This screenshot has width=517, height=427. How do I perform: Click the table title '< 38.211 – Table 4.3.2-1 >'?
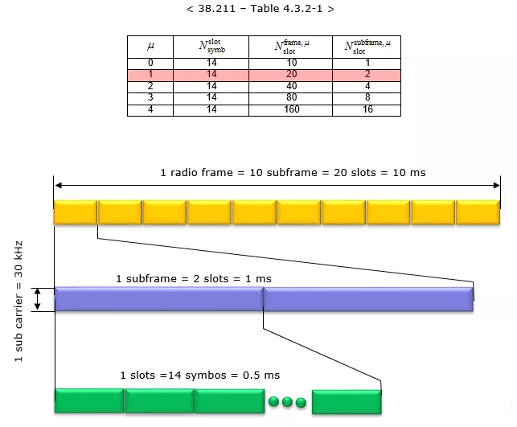[x=260, y=10]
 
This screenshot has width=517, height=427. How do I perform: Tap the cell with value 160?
[x=291, y=109]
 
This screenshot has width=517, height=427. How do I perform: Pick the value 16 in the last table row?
[x=367, y=109]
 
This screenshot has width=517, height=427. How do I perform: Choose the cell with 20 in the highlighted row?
[x=291, y=74]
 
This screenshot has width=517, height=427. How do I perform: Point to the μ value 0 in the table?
[x=150, y=62]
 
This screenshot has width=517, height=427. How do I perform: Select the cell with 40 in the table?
[x=291, y=85]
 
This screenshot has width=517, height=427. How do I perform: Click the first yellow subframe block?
[x=75, y=212]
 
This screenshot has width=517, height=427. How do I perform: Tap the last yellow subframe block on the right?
[x=478, y=212]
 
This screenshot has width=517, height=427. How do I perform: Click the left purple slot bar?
[x=158, y=299]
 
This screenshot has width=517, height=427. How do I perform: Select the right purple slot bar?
[x=368, y=299]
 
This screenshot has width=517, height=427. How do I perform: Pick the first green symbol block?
[x=88, y=400]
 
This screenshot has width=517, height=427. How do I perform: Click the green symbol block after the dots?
[x=346, y=400]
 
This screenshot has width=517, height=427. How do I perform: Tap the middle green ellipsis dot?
[x=288, y=400]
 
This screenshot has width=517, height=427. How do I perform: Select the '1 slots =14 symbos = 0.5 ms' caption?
[x=199, y=375]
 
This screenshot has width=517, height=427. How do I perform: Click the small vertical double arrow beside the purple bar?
[x=36, y=299]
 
